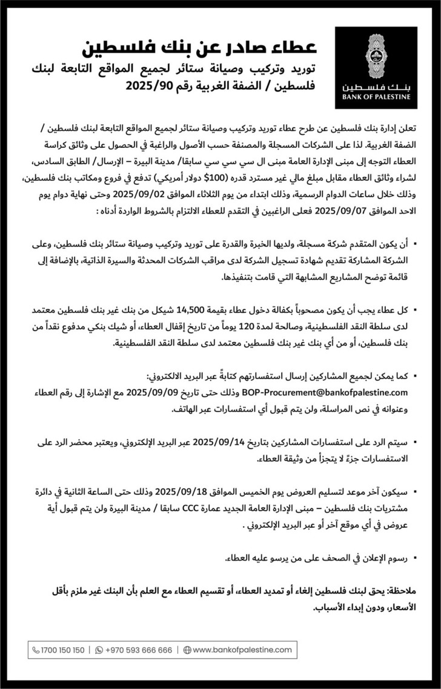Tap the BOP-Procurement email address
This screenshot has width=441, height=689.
(x=330, y=393)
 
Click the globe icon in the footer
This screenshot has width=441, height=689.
(x=187, y=650)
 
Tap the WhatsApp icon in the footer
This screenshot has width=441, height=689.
(x=99, y=650)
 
